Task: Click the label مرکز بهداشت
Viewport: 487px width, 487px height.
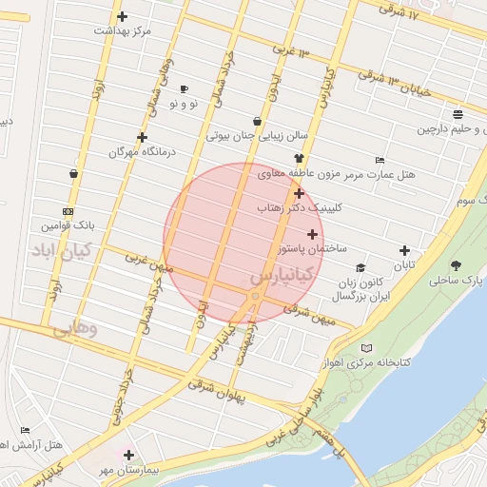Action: click(x=123, y=31)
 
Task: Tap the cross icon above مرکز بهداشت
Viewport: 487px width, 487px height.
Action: click(x=122, y=16)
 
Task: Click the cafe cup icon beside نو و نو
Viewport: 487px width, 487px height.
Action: click(x=184, y=88)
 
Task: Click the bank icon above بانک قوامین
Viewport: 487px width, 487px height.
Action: click(x=67, y=211)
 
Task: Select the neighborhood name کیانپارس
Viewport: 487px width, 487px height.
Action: click(x=281, y=276)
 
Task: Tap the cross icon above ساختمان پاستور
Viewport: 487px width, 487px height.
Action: click(x=312, y=233)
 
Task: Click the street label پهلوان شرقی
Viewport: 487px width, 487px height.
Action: click(x=217, y=390)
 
